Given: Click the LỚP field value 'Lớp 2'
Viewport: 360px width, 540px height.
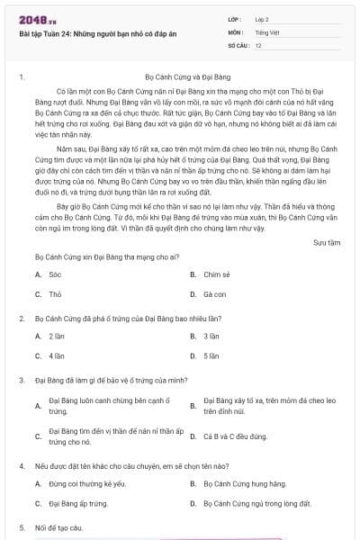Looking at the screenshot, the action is pos(262,19).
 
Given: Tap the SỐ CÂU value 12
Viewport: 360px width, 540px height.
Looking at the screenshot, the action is pos(258,44).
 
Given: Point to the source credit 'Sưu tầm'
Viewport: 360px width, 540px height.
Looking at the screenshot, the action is pos(327,242).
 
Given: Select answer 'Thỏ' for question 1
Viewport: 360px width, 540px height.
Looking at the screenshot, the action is pos(55,294).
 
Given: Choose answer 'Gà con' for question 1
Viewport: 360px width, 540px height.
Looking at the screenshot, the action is pos(214,294).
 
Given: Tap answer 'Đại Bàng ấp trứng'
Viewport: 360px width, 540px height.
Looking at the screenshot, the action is pos(78,504).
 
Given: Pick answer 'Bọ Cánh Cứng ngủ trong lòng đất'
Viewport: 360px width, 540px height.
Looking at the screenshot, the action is pos(257,504).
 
